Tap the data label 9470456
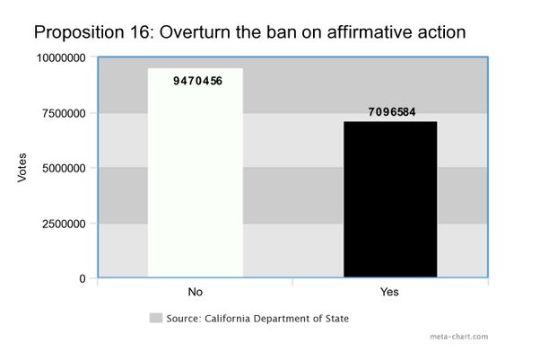tap(197, 81)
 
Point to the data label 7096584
tap(391, 112)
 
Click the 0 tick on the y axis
tap(82, 278)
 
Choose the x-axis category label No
tap(195, 293)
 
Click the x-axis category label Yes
tap(390, 293)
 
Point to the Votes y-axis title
tap(23, 168)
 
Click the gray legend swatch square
tap(155, 319)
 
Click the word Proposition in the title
tap(74, 34)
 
